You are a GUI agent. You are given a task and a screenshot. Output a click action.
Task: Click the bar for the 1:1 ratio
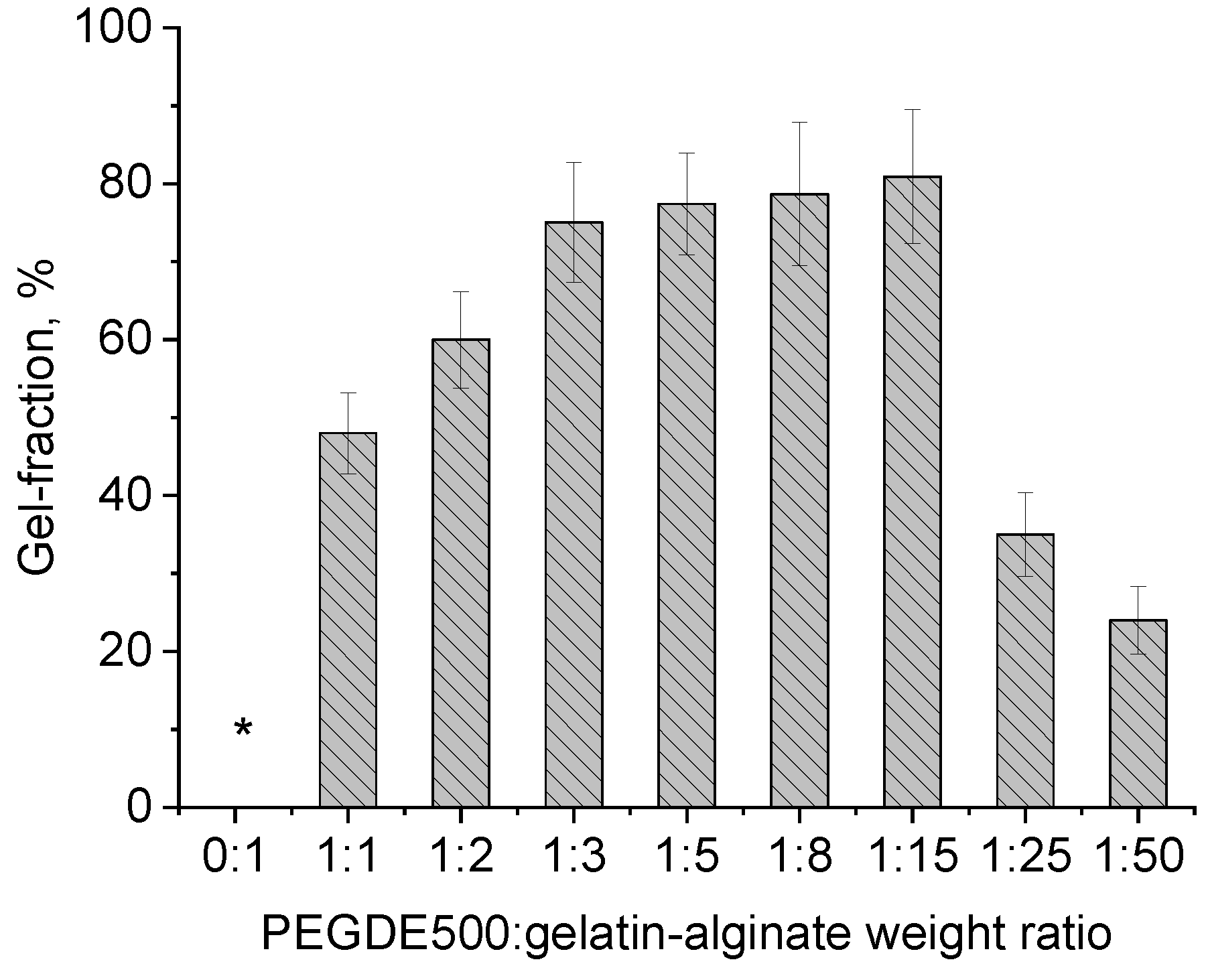[348, 620]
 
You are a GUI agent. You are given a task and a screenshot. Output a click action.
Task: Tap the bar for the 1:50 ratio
[1138, 713]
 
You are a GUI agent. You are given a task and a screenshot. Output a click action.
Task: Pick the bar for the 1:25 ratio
[1025, 670]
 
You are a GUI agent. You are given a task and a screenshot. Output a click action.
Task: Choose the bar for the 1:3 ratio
[574, 514]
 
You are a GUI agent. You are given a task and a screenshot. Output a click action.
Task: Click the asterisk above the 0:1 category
[243, 728]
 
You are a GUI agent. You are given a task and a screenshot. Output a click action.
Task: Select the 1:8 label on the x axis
[799, 857]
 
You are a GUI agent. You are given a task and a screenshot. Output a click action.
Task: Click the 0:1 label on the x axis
[234, 857]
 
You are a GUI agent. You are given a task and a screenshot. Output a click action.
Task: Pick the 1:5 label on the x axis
[686, 857]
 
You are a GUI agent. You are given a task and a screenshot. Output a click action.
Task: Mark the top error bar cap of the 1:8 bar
[799, 123]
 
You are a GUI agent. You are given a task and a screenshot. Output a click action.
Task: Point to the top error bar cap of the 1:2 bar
[461, 292]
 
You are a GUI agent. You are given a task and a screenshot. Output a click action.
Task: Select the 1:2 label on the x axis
[461, 857]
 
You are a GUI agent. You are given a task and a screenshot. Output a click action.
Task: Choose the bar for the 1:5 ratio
[686, 506]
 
